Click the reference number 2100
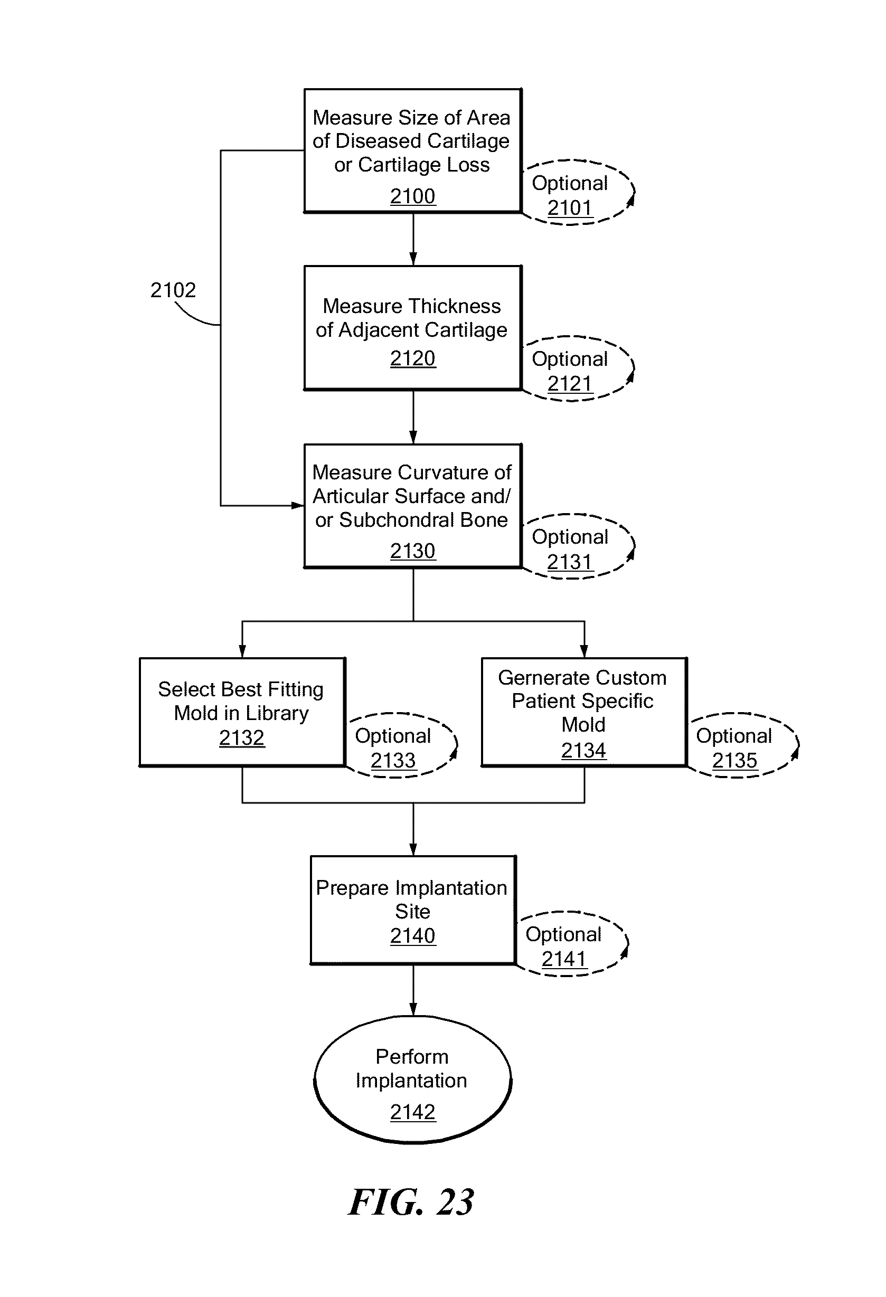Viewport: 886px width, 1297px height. click(x=412, y=196)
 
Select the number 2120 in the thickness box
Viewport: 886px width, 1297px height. click(x=412, y=358)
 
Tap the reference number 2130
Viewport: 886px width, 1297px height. click(x=412, y=551)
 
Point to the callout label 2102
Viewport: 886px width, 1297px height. click(x=173, y=290)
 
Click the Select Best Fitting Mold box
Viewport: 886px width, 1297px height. click(x=242, y=712)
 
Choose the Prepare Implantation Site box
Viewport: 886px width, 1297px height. click(x=412, y=910)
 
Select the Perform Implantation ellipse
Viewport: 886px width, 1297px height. click(x=412, y=1081)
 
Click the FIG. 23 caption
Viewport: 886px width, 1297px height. click(x=411, y=1202)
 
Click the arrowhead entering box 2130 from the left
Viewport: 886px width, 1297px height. click(x=297, y=506)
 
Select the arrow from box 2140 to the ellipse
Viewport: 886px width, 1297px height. click(x=413, y=991)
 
